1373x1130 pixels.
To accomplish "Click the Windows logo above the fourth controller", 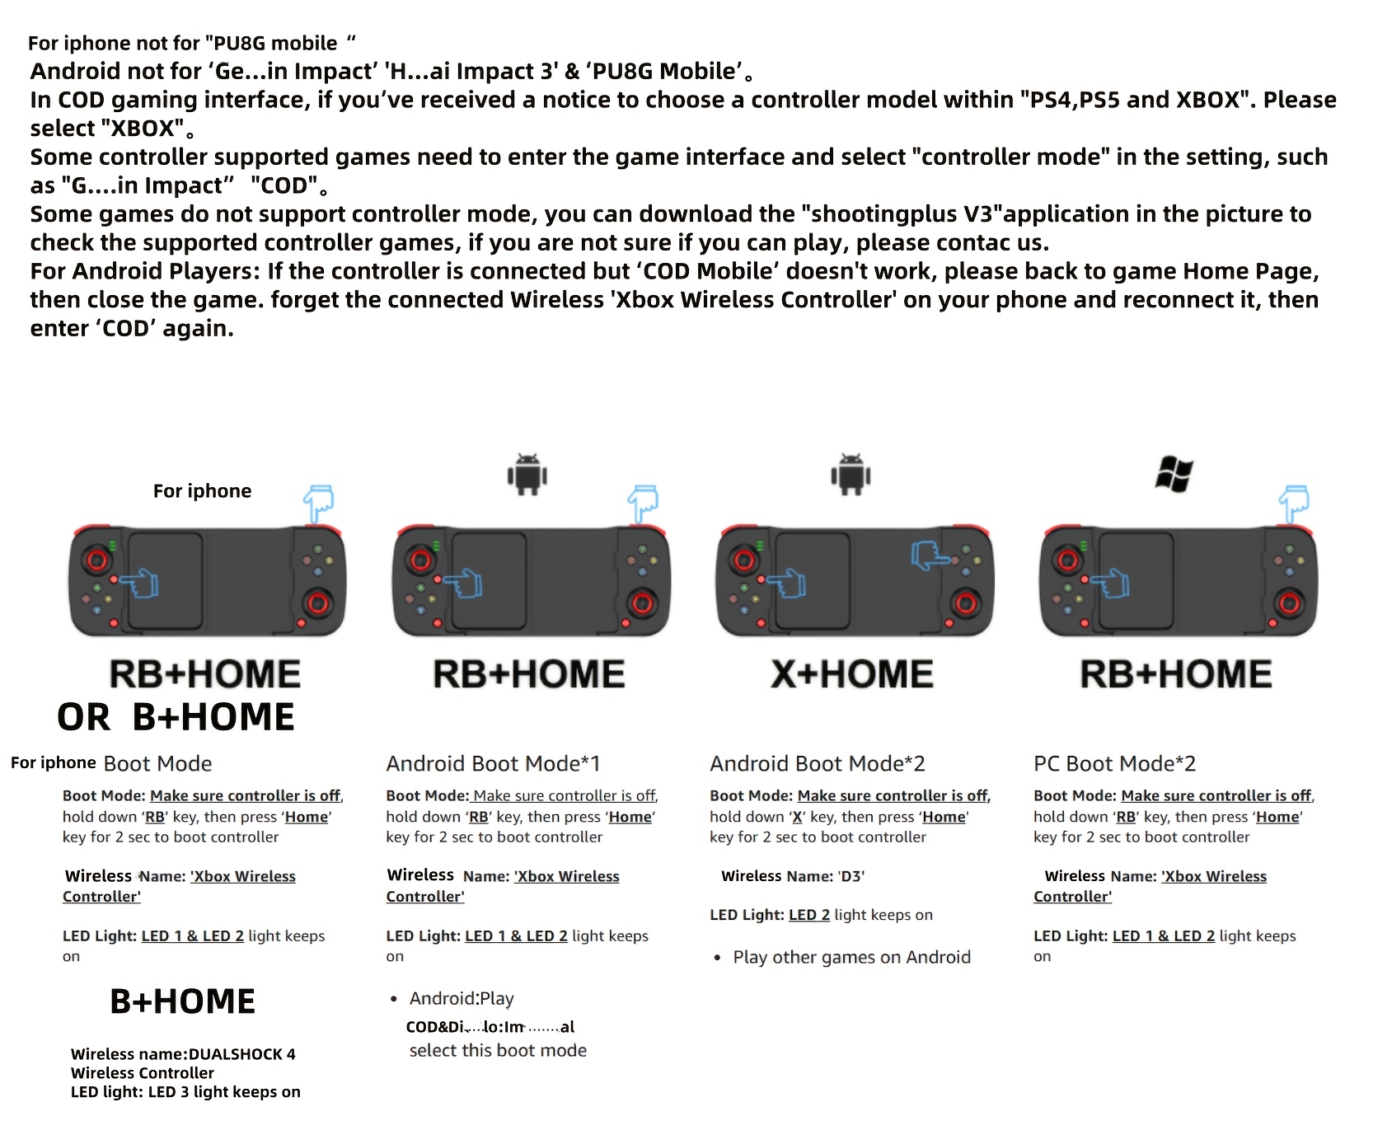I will click(x=1174, y=475).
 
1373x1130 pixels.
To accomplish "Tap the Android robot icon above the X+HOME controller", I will click(x=851, y=474).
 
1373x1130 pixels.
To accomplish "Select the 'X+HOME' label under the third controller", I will click(x=852, y=674).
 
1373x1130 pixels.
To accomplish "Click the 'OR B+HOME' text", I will click(x=176, y=717).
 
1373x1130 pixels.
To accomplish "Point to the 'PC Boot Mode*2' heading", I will click(x=1114, y=763).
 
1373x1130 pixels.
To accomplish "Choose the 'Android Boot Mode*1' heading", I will click(x=493, y=763).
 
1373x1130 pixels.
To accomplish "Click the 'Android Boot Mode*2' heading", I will click(x=818, y=763).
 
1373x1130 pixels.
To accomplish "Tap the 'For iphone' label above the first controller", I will click(x=202, y=491).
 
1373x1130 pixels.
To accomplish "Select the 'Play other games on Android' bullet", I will click(x=851, y=957).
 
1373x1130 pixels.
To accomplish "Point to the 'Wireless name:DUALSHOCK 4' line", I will click(x=183, y=1054).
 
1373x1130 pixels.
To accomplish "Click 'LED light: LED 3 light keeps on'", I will click(x=185, y=1092).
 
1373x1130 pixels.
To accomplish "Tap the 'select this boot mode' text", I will click(x=498, y=1050).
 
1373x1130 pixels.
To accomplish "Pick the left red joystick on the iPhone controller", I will click(x=96, y=560).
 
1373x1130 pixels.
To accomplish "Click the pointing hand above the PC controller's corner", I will click(x=1293, y=503).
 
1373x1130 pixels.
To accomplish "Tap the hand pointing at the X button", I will click(x=930, y=556).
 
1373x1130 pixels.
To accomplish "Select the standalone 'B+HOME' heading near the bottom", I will click(x=182, y=1001).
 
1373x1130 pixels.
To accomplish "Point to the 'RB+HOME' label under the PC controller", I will click(x=1176, y=674).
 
